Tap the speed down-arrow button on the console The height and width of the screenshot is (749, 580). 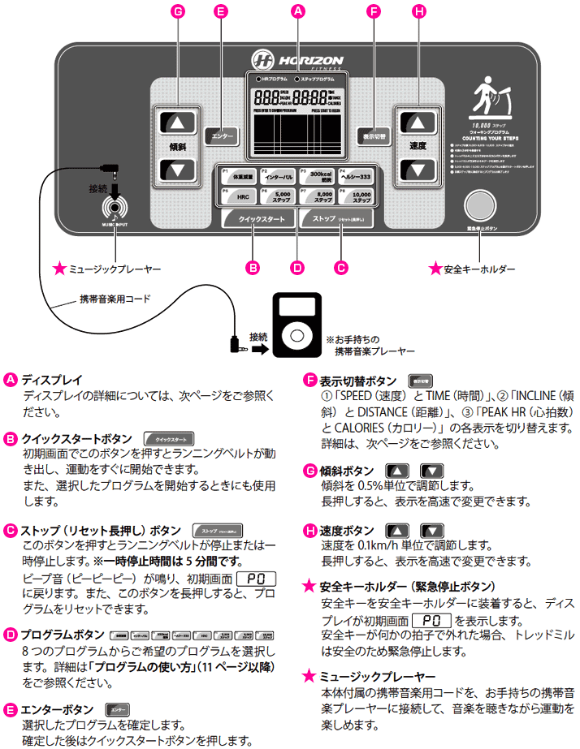(x=418, y=170)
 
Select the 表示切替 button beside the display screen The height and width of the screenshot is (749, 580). (x=374, y=136)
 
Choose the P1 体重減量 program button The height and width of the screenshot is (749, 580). (x=236, y=175)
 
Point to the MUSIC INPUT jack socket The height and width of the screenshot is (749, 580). (x=116, y=207)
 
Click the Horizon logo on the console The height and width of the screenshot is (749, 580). (x=296, y=60)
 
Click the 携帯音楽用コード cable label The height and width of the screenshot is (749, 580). (x=115, y=298)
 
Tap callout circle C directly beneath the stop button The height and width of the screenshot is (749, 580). (x=341, y=265)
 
